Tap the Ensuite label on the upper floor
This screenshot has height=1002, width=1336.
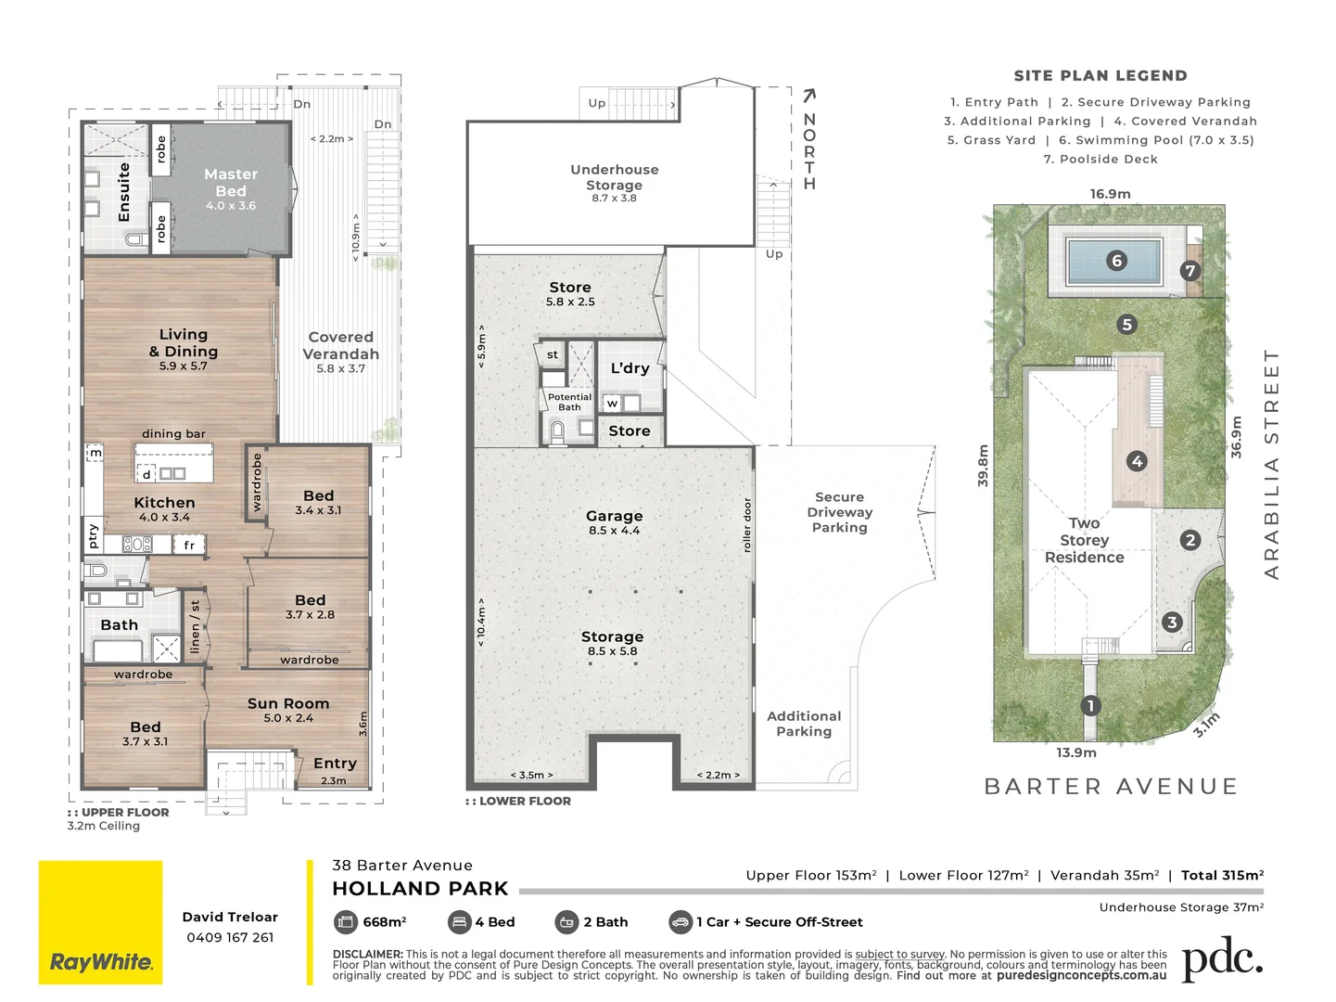click(x=124, y=192)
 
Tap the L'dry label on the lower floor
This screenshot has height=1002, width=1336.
click(x=630, y=368)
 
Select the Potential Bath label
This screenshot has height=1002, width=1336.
click(x=569, y=402)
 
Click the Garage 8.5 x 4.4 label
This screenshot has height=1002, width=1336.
click(x=614, y=521)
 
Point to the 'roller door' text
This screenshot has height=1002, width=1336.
click(x=747, y=525)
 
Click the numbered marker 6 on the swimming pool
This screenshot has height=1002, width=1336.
click(x=1116, y=261)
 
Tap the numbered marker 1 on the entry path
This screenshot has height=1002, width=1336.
click(x=1091, y=706)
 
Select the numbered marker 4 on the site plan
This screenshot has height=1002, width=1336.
click(x=1137, y=461)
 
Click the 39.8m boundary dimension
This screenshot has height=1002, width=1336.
click(x=984, y=465)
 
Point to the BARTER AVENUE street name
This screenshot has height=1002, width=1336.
click(x=1111, y=787)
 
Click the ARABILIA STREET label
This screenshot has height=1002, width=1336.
click(x=1271, y=464)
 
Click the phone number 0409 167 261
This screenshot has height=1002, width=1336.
click(x=230, y=937)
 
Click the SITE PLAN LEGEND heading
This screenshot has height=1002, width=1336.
click(x=1100, y=76)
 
